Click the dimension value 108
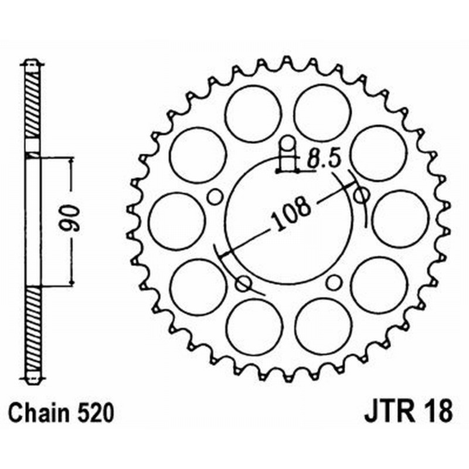click(x=290, y=215)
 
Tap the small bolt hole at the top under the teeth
click(x=287, y=144)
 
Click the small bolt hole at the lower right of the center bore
click(x=334, y=283)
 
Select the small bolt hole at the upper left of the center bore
click(x=215, y=196)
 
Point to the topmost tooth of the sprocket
click(x=287, y=62)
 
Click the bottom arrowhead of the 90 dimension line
click(x=72, y=283)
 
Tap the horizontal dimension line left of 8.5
click(x=287, y=171)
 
